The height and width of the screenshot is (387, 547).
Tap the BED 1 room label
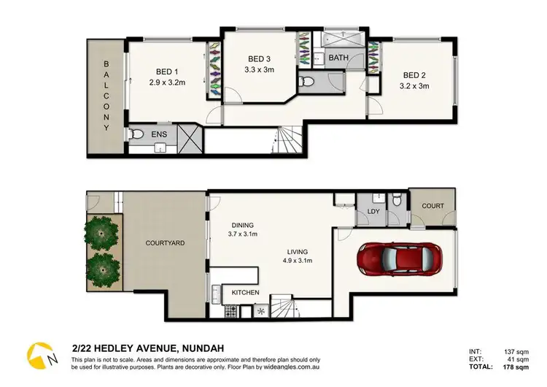(x=167, y=72)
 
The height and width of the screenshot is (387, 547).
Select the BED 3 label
(x=259, y=58)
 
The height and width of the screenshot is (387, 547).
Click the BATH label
(x=338, y=58)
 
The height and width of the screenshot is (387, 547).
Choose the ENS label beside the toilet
(x=159, y=135)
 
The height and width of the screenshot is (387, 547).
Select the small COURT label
(x=432, y=206)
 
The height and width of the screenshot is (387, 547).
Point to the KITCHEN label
(x=246, y=293)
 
